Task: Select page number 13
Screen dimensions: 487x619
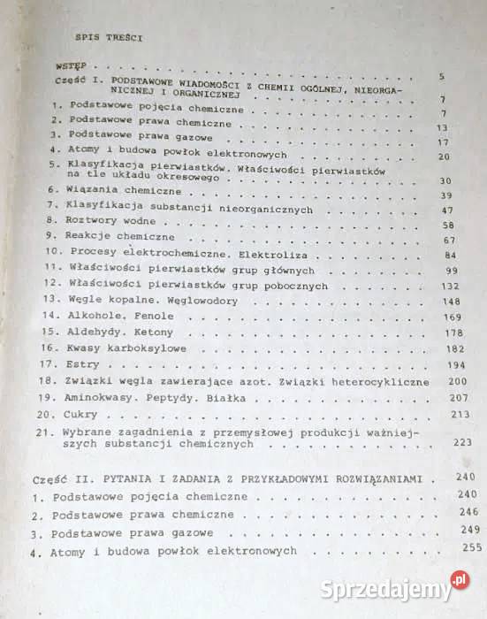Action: [x=443, y=128]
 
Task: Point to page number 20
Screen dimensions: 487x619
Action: [x=445, y=157]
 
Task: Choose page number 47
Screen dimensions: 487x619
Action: [x=446, y=210]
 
